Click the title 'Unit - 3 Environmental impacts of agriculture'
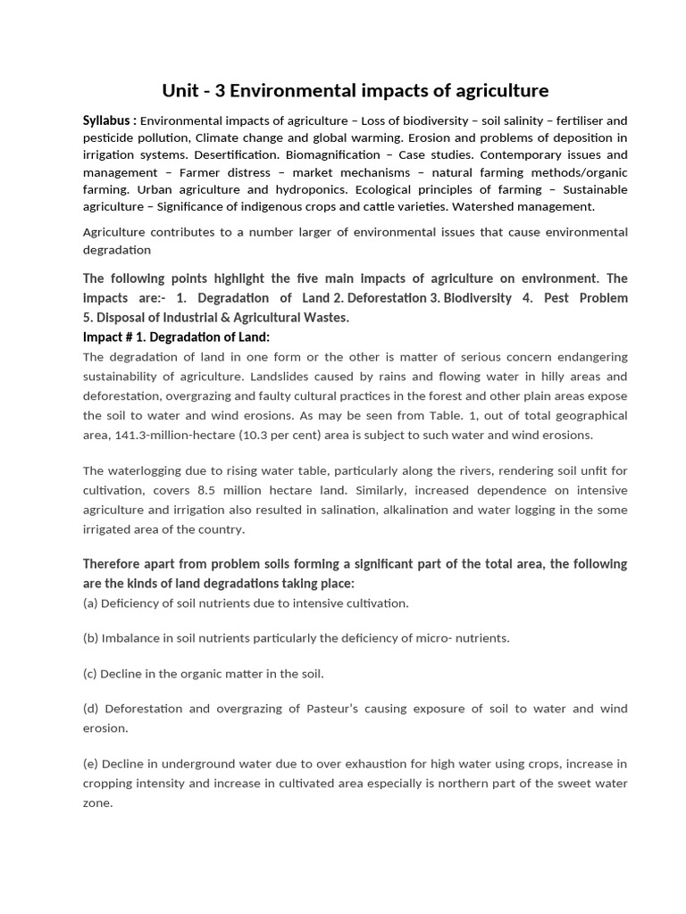coord(355,91)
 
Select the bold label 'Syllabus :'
coord(109,120)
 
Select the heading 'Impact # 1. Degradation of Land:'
coord(176,337)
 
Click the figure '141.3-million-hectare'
coord(173,435)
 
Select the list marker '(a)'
coord(90,603)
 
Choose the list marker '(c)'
coord(90,674)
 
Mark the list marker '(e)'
coord(90,764)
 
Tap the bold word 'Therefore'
coord(116,564)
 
